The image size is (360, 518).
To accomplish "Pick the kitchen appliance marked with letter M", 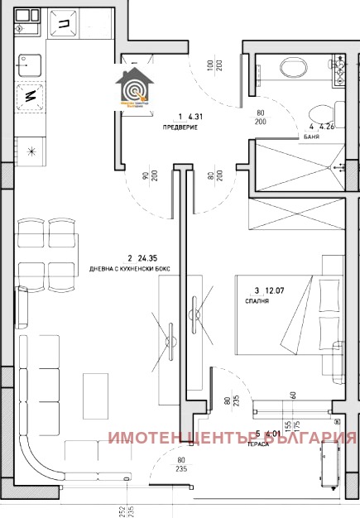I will pyautogui.click(x=30, y=96).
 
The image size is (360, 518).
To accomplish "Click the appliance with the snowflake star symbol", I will pyautogui.click(x=31, y=151).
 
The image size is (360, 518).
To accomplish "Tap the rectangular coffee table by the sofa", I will pyautogui.click(x=95, y=397).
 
